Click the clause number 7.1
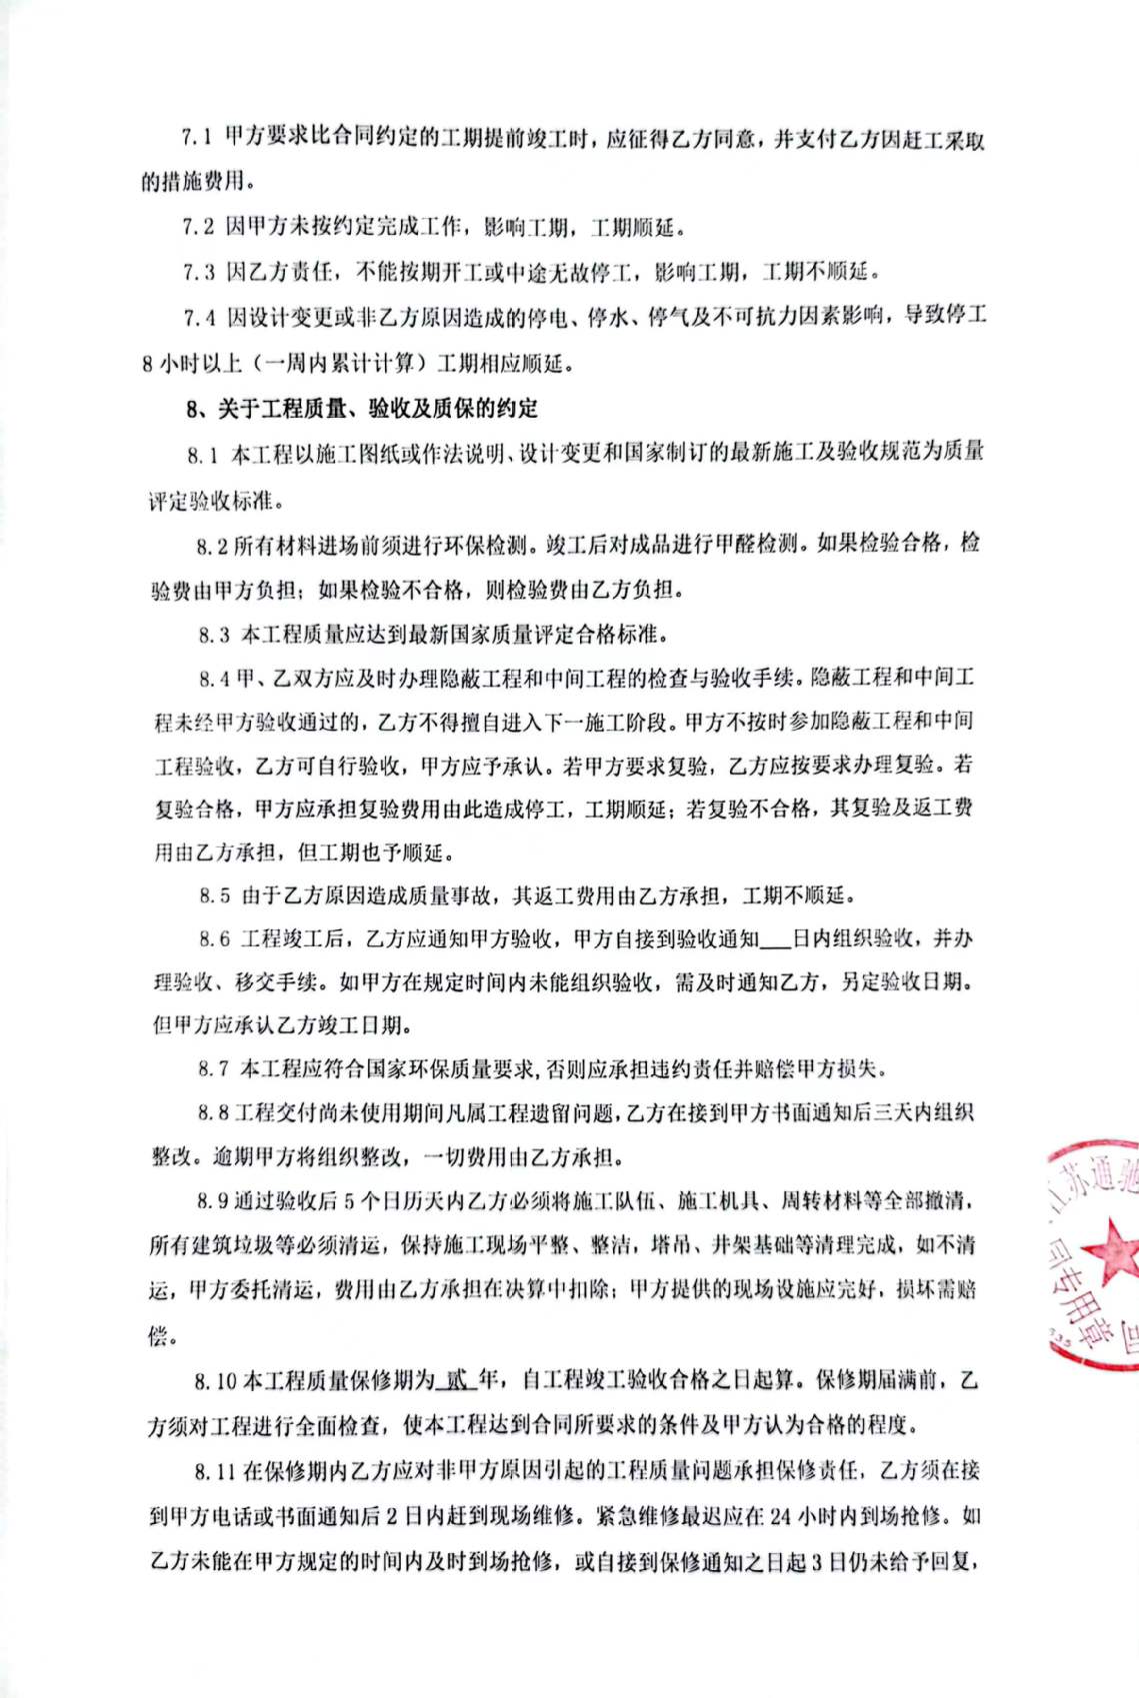[197, 137]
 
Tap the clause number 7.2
[198, 227]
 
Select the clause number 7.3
[199, 272]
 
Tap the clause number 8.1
[203, 455]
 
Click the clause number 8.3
[214, 635]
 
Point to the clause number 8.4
[213, 680]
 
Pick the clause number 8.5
[214, 895]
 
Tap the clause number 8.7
[213, 1069]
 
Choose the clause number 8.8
[213, 1113]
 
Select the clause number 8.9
[213, 1200]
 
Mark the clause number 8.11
[216, 1471]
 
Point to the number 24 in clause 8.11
[781, 1516]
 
